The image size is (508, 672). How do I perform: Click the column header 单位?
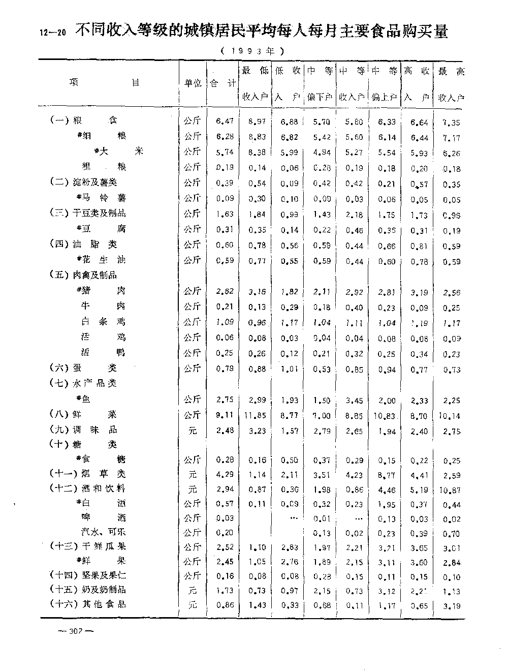[193, 83]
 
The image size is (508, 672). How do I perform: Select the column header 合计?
[223, 83]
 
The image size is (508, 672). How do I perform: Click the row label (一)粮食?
[84, 120]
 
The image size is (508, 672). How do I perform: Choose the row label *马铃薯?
[101, 198]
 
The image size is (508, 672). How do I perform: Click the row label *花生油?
[101, 260]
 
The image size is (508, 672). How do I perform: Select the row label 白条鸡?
[103, 321]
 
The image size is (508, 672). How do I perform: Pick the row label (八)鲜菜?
[84, 414]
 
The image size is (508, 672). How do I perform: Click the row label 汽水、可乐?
[103, 532]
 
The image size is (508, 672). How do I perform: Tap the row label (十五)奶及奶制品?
[88, 590]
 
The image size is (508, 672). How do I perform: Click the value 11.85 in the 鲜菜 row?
[255, 415]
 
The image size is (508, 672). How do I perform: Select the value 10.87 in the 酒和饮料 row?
[450, 490]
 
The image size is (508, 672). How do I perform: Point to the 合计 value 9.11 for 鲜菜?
[225, 415]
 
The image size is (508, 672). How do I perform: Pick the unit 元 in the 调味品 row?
[193, 431]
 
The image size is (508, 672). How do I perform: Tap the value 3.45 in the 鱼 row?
[354, 400]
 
